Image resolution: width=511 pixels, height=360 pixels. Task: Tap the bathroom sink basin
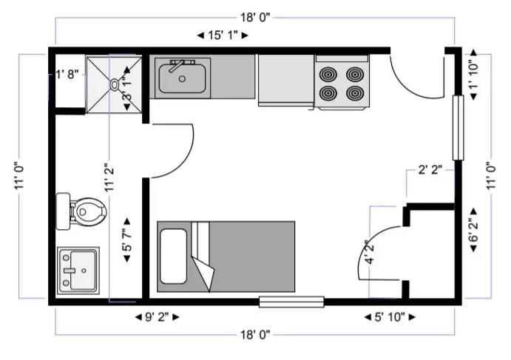click(83, 270)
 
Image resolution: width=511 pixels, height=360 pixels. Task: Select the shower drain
click(115, 84)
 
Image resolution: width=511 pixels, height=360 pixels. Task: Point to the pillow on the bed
click(173, 257)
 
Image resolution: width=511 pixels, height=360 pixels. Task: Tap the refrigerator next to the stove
click(286, 81)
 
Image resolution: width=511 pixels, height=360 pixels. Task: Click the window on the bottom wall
click(291, 302)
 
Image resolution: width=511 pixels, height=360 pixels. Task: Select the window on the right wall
click(458, 128)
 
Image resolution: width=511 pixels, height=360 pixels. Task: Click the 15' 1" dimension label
click(223, 35)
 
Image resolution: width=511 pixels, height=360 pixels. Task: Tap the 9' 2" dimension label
click(157, 317)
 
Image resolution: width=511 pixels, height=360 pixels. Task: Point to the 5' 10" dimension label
click(390, 317)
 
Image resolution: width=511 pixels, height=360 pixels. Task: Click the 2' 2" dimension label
click(430, 170)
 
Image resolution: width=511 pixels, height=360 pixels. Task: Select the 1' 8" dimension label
click(67, 74)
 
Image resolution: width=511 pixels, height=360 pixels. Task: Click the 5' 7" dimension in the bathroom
click(126, 240)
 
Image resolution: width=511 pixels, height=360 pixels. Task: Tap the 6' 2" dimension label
click(473, 230)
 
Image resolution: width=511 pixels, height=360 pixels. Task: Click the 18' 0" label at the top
click(256, 17)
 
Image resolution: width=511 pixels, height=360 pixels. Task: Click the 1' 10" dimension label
click(473, 75)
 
